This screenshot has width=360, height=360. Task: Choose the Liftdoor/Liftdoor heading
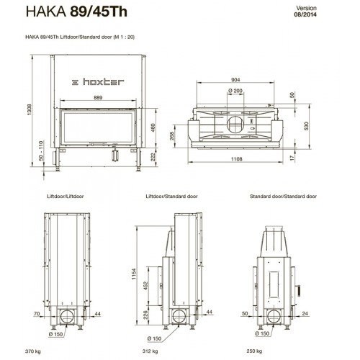click(x=60, y=197)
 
